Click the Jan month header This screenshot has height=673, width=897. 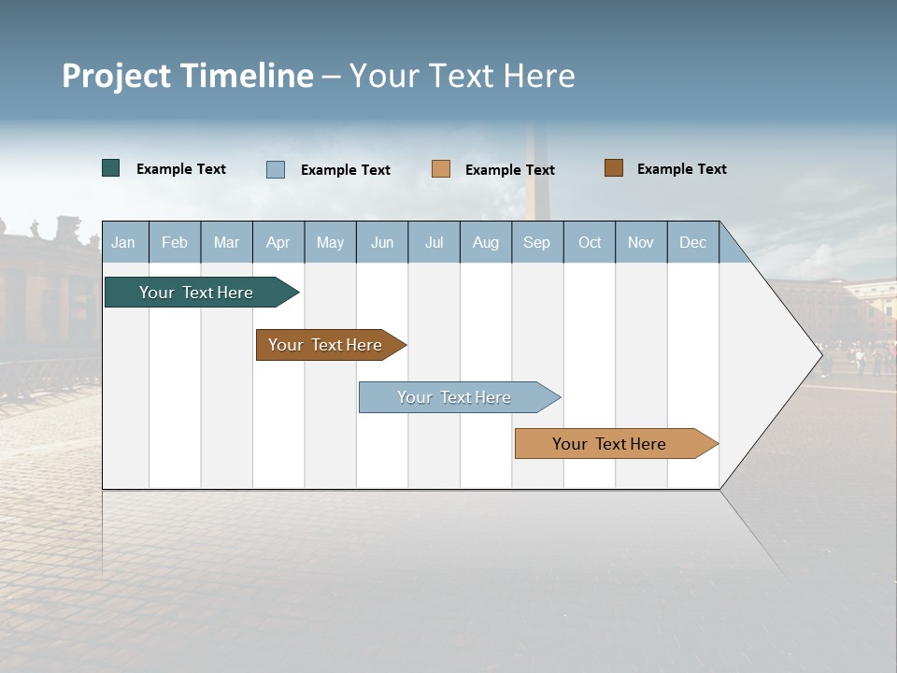(123, 242)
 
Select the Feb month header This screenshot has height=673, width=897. (175, 242)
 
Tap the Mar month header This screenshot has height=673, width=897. (226, 242)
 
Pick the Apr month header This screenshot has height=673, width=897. (278, 242)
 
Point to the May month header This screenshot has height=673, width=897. (330, 242)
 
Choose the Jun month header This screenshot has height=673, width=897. (382, 242)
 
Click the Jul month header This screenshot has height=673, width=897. (434, 242)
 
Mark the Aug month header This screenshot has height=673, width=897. (486, 242)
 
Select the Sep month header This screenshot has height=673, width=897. (537, 242)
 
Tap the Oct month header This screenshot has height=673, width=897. (590, 242)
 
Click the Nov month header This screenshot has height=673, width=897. (641, 242)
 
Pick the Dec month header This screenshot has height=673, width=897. (693, 242)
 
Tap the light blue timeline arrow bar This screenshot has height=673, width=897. (455, 397)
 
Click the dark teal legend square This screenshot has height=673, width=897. (111, 168)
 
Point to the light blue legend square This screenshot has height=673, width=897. (276, 169)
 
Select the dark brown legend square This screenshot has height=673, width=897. (614, 168)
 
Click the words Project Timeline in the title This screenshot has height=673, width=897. (188, 76)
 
